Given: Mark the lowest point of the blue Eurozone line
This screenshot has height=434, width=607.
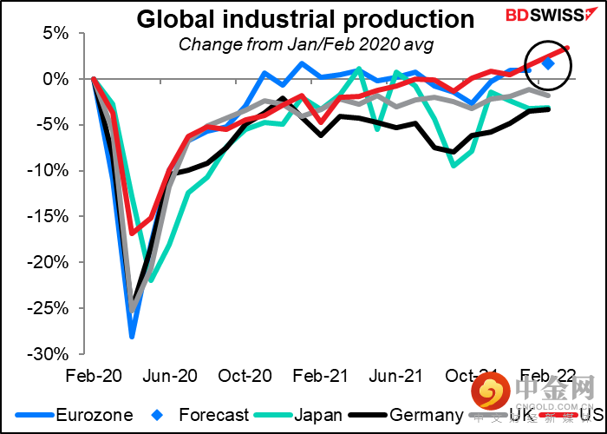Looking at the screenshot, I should click(132, 336).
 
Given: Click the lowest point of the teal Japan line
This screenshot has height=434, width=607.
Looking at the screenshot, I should click(151, 280).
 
